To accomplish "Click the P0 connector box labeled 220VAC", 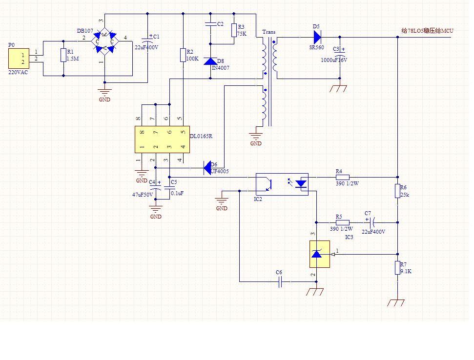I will click(x=18, y=59).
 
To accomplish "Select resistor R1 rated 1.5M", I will click(x=63, y=55).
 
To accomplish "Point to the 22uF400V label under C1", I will click(x=146, y=47).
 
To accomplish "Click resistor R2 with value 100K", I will click(x=183, y=55).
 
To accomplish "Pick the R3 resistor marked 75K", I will click(x=234, y=30).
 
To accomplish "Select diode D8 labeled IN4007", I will click(x=210, y=61).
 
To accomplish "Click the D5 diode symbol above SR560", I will click(x=316, y=37).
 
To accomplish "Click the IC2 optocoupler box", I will click(x=282, y=184).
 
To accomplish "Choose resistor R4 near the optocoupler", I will click(x=342, y=177).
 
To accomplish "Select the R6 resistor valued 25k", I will click(x=397, y=191).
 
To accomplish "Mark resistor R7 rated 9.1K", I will click(x=397, y=268).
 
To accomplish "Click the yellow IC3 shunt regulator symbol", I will click(x=319, y=254).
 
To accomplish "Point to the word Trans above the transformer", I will click(x=269, y=32).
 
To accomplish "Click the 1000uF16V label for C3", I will click(x=334, y=60).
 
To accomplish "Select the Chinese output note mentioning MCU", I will click(x=427, y=31).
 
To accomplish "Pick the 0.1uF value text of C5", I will click(x=177, y=193).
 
